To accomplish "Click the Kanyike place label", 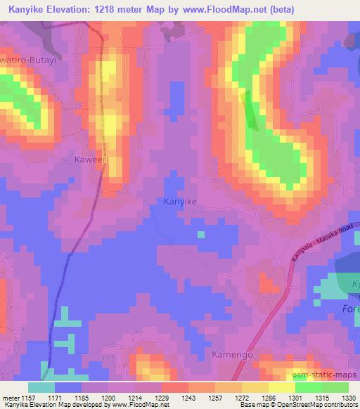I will tap(180, 201).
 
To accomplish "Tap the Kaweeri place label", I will tap(90, 160).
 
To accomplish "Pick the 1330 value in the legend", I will tap(347, 398).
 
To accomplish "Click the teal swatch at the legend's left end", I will tap(41, 387).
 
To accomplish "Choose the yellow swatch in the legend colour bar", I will tap(281, 387).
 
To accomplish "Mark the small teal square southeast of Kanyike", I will tap(201, 234).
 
